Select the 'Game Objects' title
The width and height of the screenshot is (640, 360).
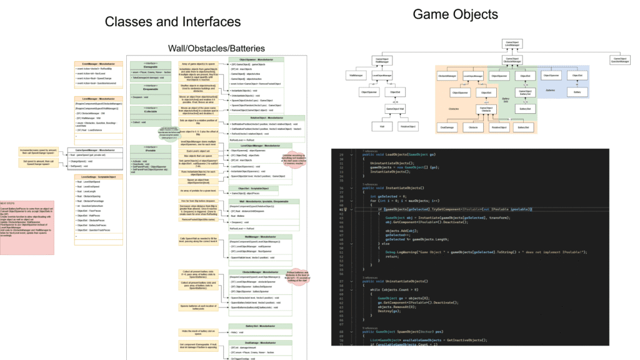coord(456,14)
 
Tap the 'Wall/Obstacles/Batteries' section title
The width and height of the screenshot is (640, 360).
coord(216,48)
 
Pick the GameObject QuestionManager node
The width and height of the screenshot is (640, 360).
coord(619,61)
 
